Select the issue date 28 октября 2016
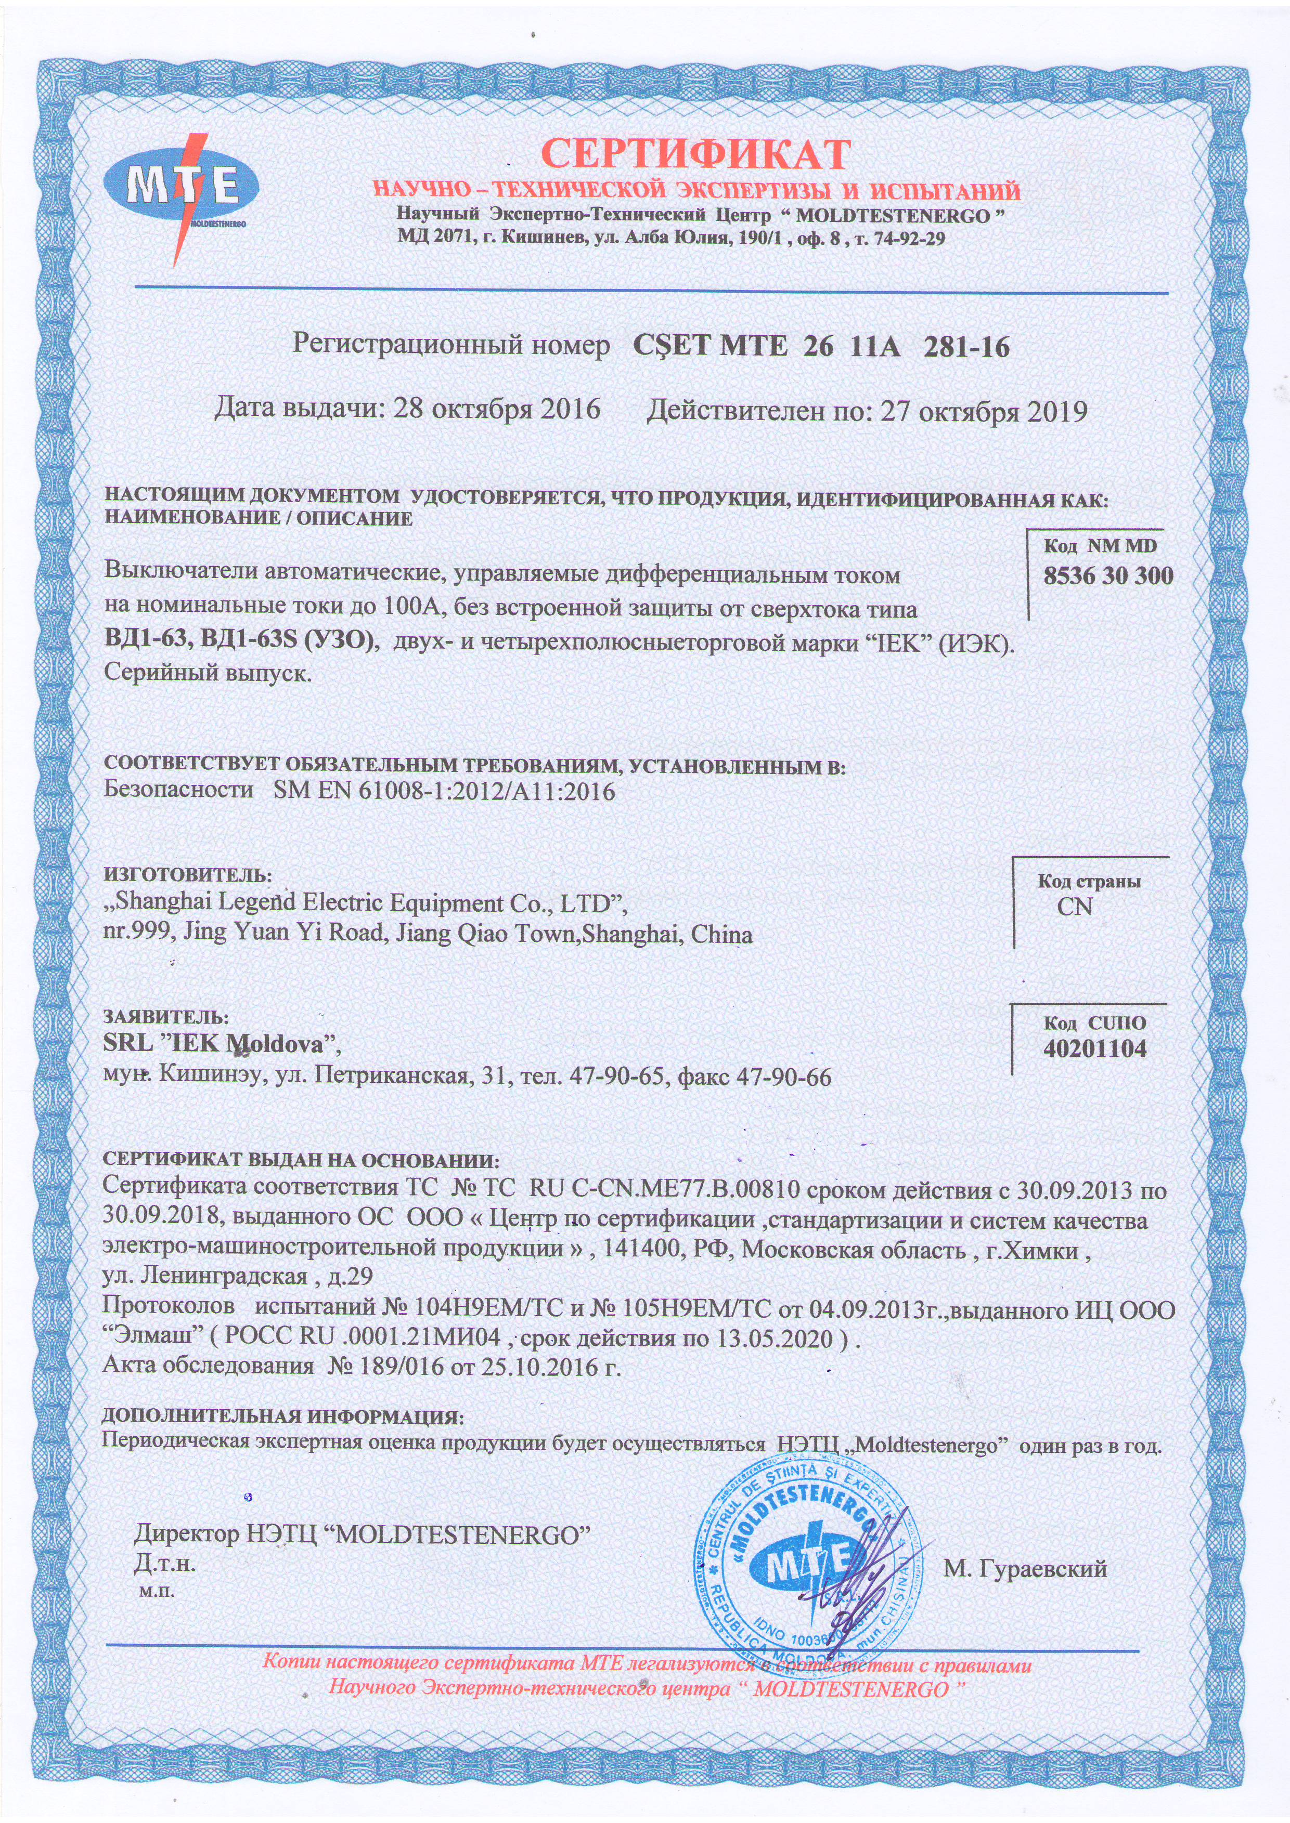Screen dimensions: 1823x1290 tap(497, 410)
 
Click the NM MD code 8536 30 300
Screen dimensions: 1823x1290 tap(1108, 576)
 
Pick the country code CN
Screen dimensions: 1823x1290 tap(1074, 907)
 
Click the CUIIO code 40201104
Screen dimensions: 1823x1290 tap(1094, 1050)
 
